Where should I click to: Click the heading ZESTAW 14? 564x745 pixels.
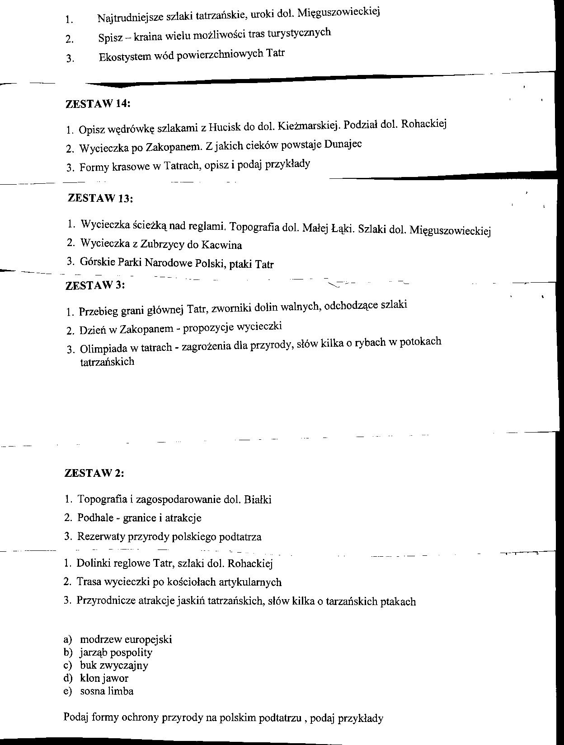click(x=98, y=103)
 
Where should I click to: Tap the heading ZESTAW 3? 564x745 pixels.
click(x=95, y=285)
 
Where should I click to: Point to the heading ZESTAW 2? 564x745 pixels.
click(x=94, y=473)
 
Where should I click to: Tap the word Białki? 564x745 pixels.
click(x=257, y=499)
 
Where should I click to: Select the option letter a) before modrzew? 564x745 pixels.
click(x=68, y=639)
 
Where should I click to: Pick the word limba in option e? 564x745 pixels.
click(x=121, y=691)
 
